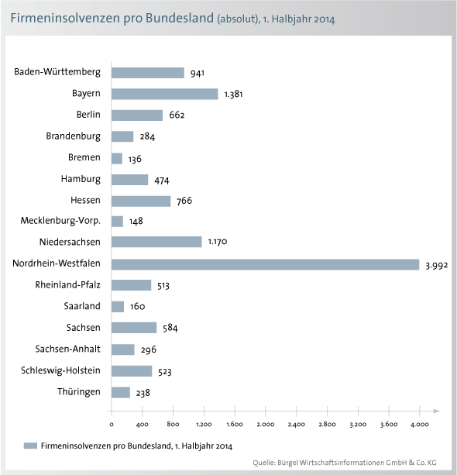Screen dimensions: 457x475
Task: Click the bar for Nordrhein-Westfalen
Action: click(265, 264)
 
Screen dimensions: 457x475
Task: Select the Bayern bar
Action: click(164, 94)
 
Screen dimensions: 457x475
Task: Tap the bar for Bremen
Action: click(117, 158)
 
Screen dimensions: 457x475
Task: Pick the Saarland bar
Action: click(118, 307)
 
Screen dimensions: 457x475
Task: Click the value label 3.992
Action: click(436, 265)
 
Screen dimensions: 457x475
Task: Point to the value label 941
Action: click(198, 73)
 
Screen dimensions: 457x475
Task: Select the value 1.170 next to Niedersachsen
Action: click(218, 242)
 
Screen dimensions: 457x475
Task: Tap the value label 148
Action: click(136, 222)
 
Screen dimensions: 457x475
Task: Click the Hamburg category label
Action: click(81, 179)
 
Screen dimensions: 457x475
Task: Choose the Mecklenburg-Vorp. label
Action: click(60, 221)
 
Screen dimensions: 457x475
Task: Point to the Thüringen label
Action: click(79, 392)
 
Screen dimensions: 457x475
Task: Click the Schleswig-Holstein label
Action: click(60, 370)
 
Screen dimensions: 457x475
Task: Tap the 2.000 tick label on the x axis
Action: click(266, 425)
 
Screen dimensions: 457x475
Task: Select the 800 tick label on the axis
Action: click(173, 424)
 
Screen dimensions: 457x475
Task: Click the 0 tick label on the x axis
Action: click(112, 425)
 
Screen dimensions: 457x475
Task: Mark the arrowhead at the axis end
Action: click(436, 411)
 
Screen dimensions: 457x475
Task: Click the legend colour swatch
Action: click(30, 446)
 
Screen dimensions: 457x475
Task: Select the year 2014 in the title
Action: click(325, 19)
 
